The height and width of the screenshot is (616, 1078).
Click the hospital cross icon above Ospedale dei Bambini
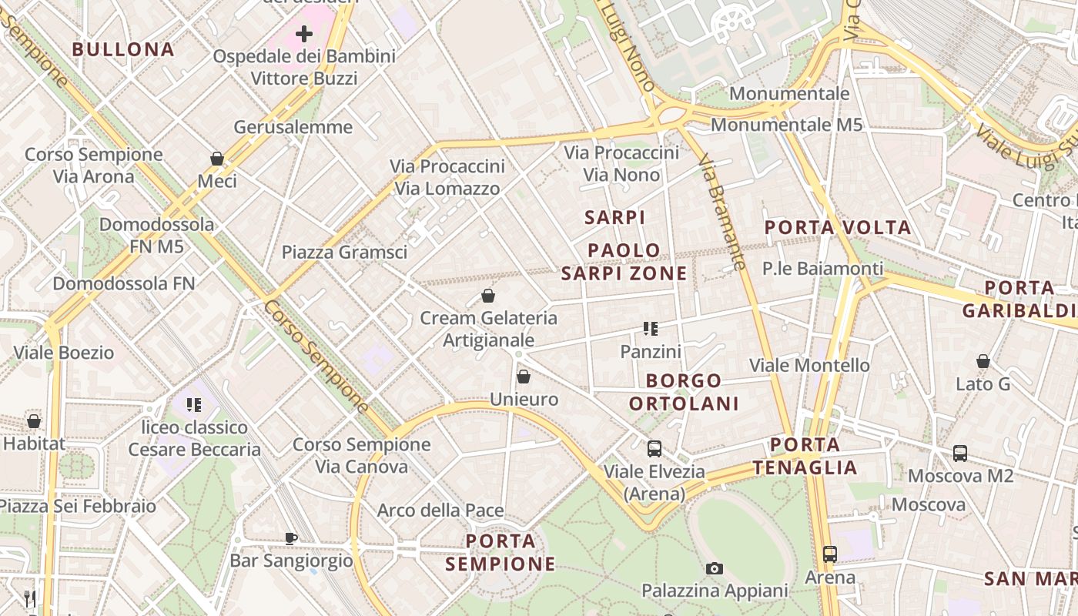304,33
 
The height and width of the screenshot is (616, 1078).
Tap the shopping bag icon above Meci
217,159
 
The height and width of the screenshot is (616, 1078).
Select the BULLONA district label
123,49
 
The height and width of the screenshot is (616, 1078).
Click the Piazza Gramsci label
344,252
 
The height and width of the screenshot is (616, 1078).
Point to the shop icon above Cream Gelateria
487,295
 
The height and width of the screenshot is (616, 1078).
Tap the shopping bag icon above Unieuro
524,377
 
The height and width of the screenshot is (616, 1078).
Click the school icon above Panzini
651,329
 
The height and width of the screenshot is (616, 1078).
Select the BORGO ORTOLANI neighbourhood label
684,392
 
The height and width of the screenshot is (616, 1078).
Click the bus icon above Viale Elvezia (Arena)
654,448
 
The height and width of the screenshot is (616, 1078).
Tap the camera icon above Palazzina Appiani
715,568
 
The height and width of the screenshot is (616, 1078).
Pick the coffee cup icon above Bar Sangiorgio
290,538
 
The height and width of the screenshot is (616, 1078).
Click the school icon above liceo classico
193,404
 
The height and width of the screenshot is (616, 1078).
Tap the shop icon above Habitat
34,421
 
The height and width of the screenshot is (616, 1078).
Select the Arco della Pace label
440,510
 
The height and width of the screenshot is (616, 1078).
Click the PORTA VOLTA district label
838,227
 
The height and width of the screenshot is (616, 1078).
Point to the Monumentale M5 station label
782,125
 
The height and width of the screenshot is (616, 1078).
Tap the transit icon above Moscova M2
960,453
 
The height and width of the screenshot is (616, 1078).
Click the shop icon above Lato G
983,360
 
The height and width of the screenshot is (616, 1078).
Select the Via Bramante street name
721,213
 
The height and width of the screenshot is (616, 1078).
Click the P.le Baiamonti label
823,268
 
